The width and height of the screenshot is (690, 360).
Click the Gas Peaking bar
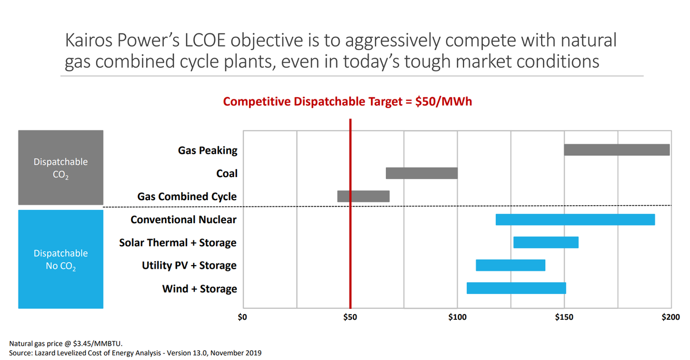[616, 150]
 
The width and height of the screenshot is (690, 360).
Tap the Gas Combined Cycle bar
[363, 196]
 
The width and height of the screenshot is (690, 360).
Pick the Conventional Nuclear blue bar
[575, 219]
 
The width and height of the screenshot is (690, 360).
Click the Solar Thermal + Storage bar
[546, 242]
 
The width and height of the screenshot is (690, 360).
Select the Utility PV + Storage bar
[511, 265]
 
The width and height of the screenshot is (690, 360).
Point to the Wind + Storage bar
[516, 288]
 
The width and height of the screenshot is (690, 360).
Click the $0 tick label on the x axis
[243, 317]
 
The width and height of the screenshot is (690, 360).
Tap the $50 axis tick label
[350, 317]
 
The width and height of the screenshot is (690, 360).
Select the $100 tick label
[457, 317]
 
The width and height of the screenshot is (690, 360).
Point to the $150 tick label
[565, 317]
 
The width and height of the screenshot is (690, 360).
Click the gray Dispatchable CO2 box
[61, 167]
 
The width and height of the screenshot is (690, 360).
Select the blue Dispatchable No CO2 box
[61, 259]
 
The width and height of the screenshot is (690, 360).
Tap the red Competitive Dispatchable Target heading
[347, 102]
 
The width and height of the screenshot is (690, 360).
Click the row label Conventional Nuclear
[183, 220]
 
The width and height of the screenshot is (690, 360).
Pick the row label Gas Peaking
[208, 151]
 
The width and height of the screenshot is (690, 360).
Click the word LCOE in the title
[214, 41]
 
